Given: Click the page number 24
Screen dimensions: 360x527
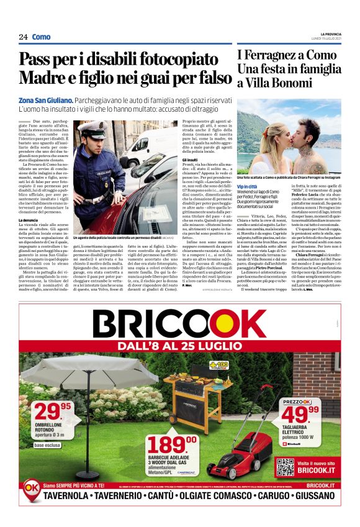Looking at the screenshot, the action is pos(23,37).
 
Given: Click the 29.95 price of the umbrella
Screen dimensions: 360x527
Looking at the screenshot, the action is pos(53,410).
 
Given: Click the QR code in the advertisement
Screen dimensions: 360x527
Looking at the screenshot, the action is pos(285,466).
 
